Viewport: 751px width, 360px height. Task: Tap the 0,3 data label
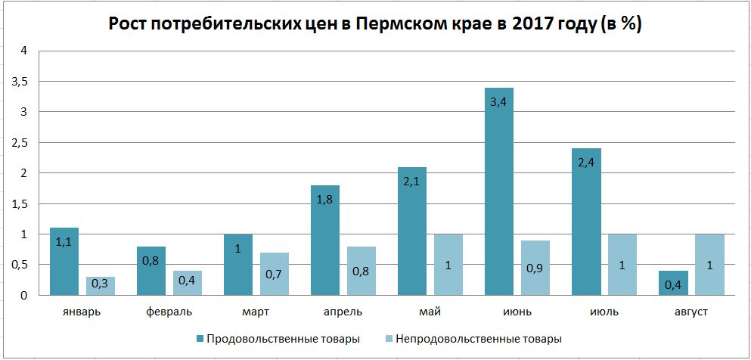click(101, 284)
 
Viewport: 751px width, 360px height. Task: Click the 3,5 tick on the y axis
click(19, 82)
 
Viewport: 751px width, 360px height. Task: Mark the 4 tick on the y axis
click(23, 51)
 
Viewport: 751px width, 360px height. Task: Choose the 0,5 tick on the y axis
click(19, 265)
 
